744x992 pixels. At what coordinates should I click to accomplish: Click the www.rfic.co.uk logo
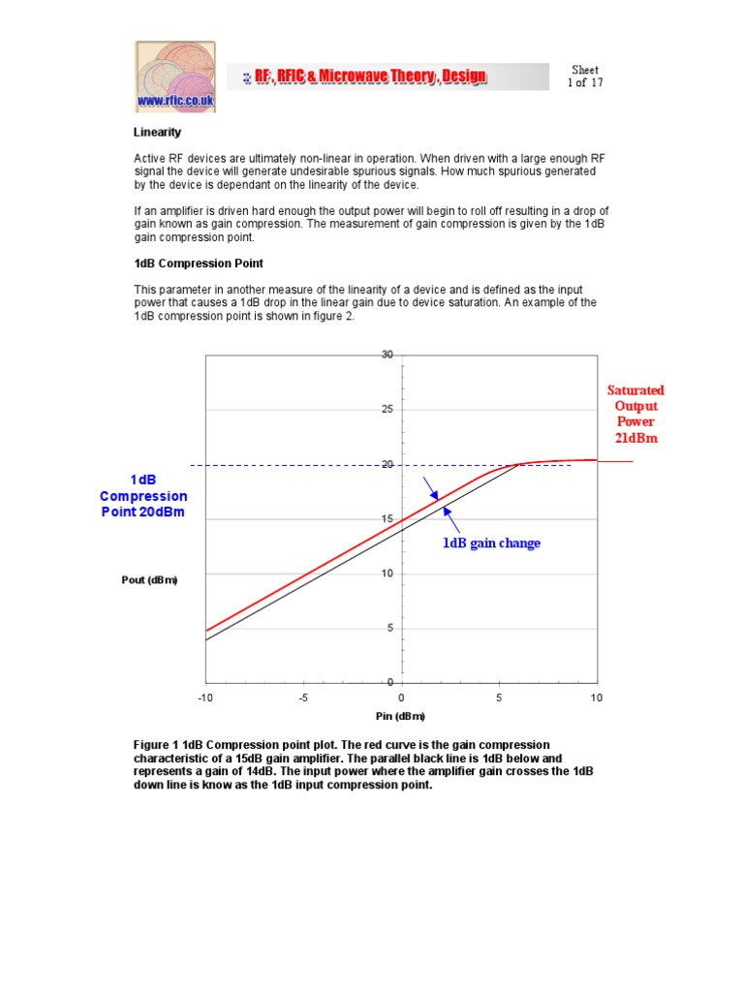(x=175, y=77)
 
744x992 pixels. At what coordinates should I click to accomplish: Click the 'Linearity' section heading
(x=157, y=132)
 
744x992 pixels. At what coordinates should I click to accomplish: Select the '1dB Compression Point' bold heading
(x=199, y=263)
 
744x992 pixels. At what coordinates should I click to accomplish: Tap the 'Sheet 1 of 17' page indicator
(x=584, y=77)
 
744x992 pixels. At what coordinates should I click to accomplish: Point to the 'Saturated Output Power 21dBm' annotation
(x=635, y=414)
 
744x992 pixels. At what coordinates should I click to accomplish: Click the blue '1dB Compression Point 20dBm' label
(x=143, y=496)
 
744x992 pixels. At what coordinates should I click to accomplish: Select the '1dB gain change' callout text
(x=491, y=543)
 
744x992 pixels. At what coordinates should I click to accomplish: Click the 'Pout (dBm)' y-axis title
(x=149, y=579)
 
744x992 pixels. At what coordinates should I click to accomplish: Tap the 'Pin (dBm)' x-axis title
(x=400, y=716)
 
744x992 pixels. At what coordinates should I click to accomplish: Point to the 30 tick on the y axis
(x=387, y=355)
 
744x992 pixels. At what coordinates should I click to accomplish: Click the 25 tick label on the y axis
(x=387, y=410)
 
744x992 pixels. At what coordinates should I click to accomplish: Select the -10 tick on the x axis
(x=205, y=697)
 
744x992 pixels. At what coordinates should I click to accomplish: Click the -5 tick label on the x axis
(x=303, y=697)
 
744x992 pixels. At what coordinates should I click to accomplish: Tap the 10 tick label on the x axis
(x=596, y=697)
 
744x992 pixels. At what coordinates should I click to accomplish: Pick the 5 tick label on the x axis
(x=499, y=697)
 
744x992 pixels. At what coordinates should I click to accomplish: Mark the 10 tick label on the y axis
(x=387, y=573)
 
